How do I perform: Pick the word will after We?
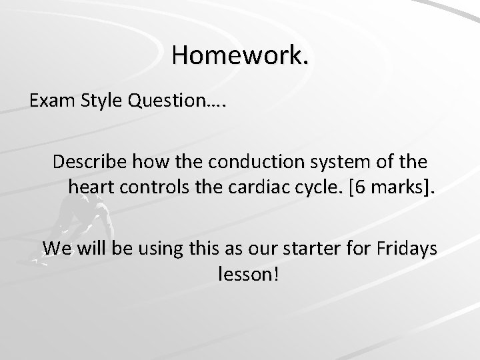90,248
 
